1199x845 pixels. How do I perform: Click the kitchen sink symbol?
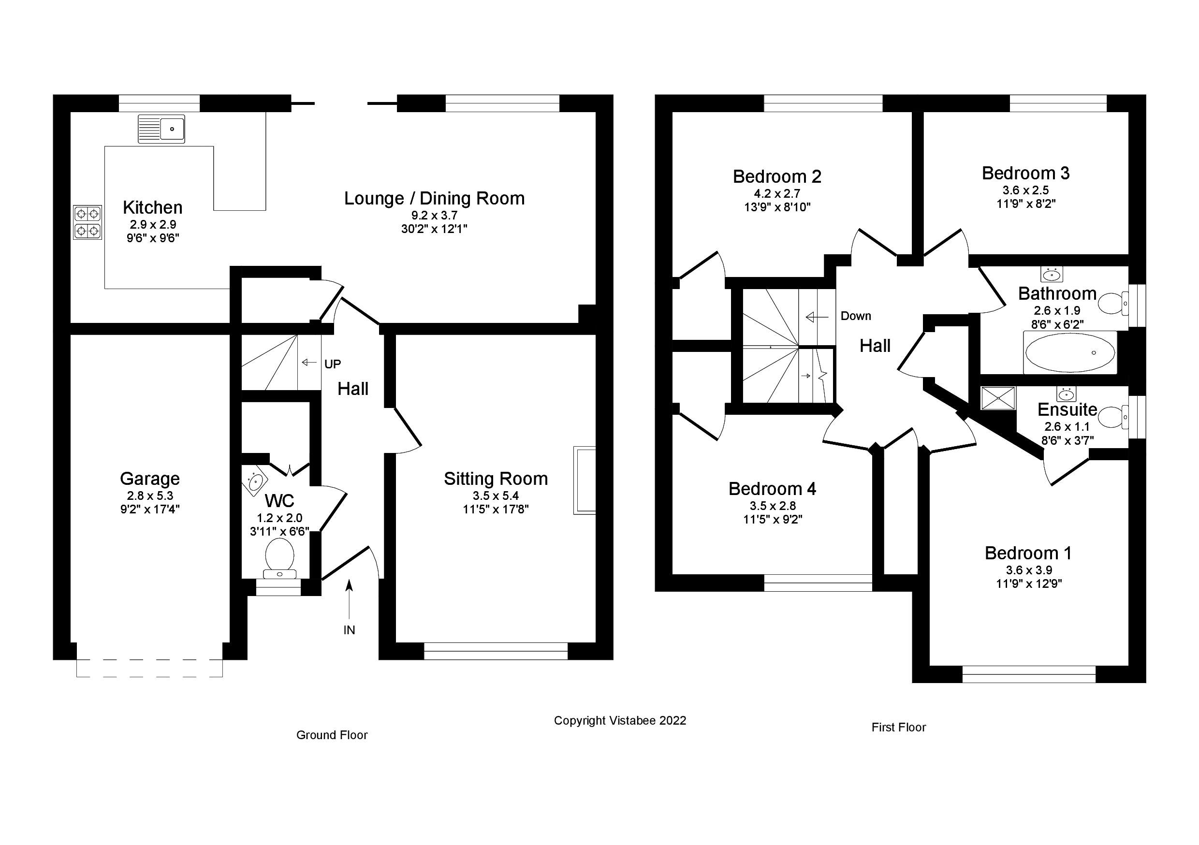click(x=161, y=129)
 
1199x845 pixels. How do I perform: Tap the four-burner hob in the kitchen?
click(x=87, y=222)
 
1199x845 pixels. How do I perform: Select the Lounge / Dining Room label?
click(x=434, y=199)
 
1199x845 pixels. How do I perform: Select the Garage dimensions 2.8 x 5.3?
click(x=150, y=495)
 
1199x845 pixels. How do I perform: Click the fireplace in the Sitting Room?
click(x=585, y=480)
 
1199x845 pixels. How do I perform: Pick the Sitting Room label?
click(x=496, y=479)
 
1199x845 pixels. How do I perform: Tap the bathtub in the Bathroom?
click(x=1070, y=352)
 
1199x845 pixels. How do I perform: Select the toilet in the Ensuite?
click(x=1112, y=417)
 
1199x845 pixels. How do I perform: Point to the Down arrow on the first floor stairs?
click(x=817, y=317)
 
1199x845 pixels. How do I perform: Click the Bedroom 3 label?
click(x=1025, y=173)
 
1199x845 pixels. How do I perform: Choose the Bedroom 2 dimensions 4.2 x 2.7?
click(x=776, y=194)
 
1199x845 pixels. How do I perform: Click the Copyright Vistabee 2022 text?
click(x=620, y=721)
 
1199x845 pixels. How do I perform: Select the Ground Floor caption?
click(x=332, y=735)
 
